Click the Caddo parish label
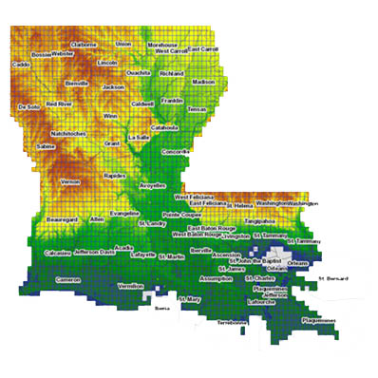pyautogui.click(x=21, y=65)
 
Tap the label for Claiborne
pyautogui.click(x=85, y=45)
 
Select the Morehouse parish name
pyautogui.click(x=162, y=45)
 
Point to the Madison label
pyautogui.click(x=204, y=83)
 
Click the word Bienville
pyautogui.click(x=76, y=84)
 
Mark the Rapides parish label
pyautogui.click(x=115, y=176)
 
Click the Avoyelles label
pyautogui.click(x=153, y=186)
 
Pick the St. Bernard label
pyautogui.click(x=334, y=278)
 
